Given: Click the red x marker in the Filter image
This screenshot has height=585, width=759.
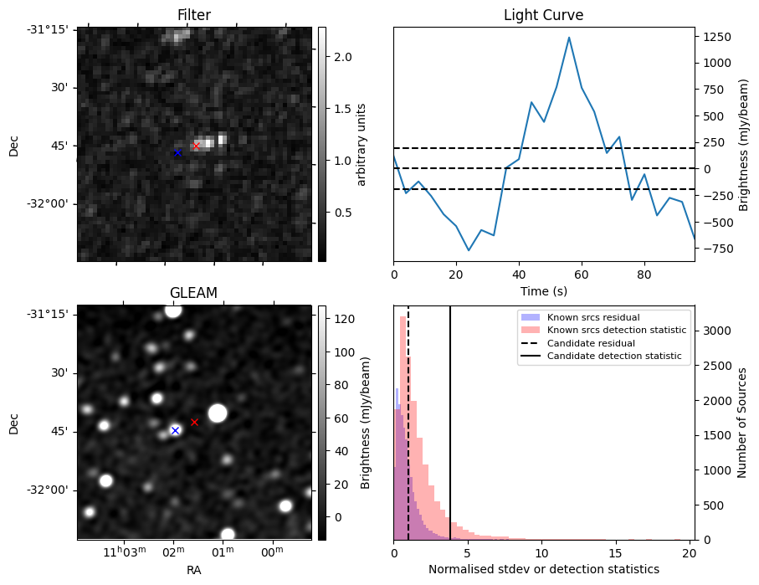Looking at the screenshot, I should point(197,146).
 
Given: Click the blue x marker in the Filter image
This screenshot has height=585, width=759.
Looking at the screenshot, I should point(177,152).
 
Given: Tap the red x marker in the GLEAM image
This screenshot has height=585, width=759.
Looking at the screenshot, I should point(194,422).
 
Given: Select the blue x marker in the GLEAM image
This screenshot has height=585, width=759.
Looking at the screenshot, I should point(175,430).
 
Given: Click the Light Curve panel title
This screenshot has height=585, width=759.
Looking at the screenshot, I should point(543,16).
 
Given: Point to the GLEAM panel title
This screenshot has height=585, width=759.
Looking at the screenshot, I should point(193,293).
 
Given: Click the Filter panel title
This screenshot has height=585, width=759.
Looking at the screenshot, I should point(193,16).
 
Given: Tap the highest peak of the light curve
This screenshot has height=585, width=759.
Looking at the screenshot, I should point(569,38).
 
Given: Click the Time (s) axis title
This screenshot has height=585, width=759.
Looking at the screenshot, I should point(543,290).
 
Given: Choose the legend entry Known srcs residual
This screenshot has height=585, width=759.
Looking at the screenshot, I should point(592,317).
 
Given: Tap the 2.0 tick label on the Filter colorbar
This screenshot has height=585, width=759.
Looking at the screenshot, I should point(343,57).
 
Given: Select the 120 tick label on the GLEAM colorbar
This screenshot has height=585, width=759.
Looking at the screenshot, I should point(343,319).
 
